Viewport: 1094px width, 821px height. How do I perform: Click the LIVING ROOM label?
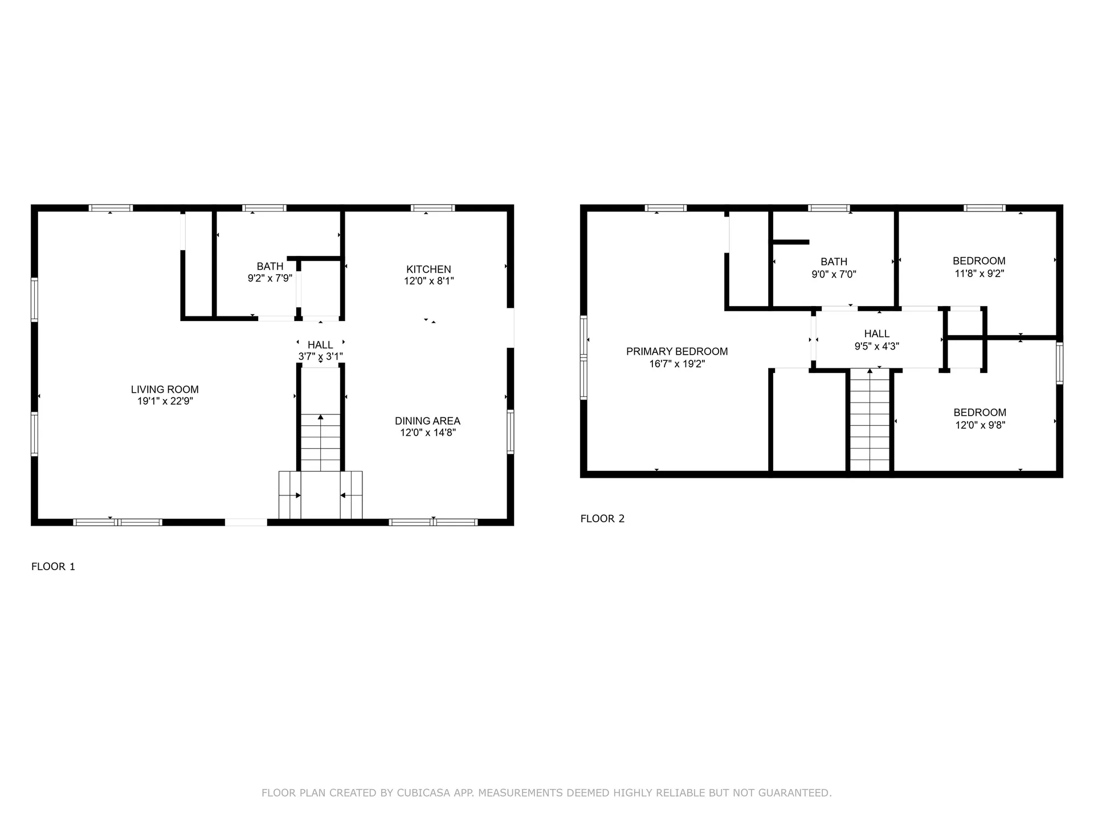165,389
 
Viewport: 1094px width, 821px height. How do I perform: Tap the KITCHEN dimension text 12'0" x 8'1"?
428,281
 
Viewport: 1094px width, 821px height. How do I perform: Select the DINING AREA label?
427,421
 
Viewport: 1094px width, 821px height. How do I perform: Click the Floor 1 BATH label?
270,266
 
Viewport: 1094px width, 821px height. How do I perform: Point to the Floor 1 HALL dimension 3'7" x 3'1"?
320,357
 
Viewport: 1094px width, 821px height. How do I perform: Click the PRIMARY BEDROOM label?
677,351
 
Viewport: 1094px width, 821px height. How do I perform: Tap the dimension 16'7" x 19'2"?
677,364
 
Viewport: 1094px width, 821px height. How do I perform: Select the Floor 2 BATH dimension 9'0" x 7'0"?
834,274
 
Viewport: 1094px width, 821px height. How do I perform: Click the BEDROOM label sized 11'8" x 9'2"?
979,261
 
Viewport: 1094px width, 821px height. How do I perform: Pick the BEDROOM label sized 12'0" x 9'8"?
979,412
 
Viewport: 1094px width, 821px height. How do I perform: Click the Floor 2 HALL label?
876,334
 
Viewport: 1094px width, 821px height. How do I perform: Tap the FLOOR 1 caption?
53,566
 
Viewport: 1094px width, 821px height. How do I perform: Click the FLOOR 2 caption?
602,518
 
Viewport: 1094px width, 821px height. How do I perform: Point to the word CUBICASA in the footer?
423,792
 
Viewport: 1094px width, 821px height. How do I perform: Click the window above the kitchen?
432,208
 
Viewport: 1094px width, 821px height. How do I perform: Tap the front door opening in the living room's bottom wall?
246,522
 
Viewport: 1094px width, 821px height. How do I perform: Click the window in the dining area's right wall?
511,432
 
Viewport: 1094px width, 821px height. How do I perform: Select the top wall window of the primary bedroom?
666,208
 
